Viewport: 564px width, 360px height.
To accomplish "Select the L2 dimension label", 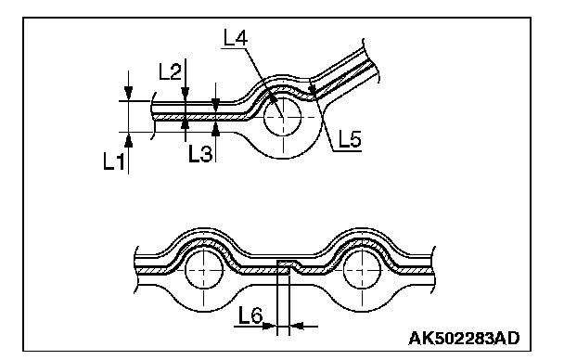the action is click(170, 71).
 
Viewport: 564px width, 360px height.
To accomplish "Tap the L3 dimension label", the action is click(200, 154).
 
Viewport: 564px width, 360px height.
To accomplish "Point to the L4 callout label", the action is click(236, 38).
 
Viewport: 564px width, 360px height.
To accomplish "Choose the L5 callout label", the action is click(350, 139).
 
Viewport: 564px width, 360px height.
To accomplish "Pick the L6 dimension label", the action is click(250, 315).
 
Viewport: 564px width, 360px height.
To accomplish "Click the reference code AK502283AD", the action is click(464, 339).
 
